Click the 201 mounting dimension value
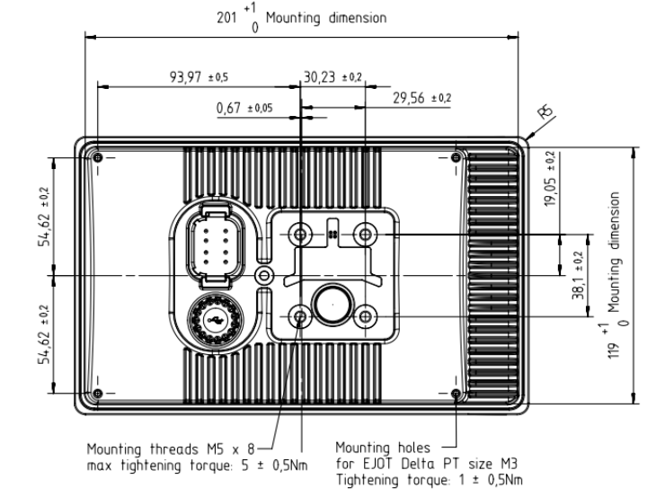coord(226,18)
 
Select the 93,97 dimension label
coord(185,77)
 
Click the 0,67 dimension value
coord(228,108)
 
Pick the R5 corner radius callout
coord(545,111)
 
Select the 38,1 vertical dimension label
coord(578,286)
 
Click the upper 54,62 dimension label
coord(44,229)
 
